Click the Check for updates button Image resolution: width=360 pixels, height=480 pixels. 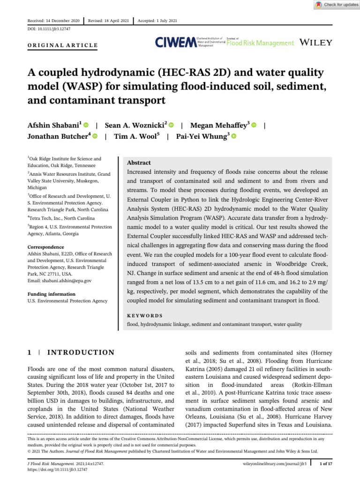[x=334, y=5]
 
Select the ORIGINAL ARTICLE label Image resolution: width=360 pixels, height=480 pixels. [x=62, y=45]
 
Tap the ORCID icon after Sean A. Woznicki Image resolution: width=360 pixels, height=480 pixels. [x=171, y=125]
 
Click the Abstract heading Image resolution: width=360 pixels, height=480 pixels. [x=139, y=163]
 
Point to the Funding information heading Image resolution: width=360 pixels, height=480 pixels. [x=52, y=294]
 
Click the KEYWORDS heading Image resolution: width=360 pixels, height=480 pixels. [x=145, y=316]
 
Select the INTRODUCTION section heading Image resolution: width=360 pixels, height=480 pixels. [x=82, y=352]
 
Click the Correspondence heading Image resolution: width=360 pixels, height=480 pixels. [x=46, y=247]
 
